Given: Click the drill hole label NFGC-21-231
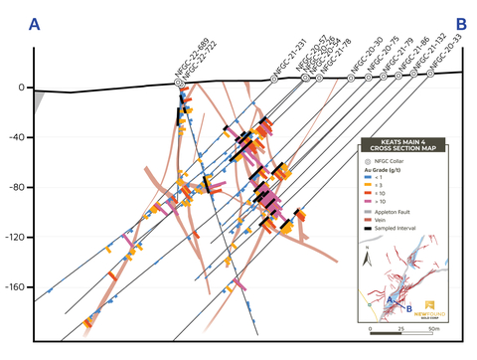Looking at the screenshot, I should pyautogui.click(x=288, y=58).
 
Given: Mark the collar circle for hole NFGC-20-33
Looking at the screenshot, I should pyautogui.click(x=430, y=73).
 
